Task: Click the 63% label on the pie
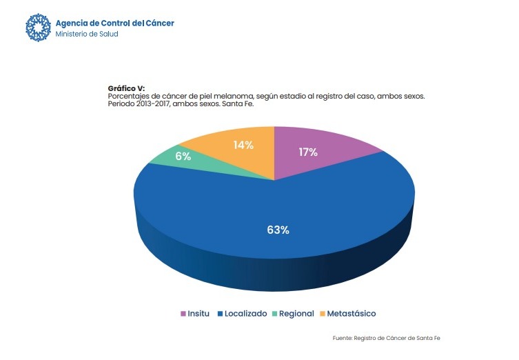coord(278,230)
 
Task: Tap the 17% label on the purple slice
coord(308,152)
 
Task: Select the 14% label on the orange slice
coord(243,145)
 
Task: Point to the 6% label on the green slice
coord(183,157)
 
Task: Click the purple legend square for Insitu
coord(183,314)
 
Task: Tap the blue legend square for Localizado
coord(220,314)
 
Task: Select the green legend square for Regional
coord(275,314)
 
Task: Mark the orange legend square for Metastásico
coord(321,314)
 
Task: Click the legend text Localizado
coord(245,314)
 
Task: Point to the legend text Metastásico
coord(351,314)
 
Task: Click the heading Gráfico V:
coord(126,88)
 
